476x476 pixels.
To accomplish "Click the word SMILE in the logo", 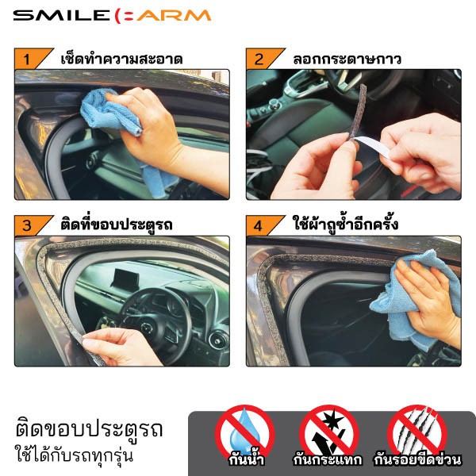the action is coord(61,16).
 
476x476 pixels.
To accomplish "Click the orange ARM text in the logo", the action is coord(174,16).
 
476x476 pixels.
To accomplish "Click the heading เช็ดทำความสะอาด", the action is coord(121,58).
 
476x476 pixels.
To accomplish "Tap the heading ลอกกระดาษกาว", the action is coord(347,59).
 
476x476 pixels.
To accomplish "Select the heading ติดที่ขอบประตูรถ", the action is coord(117,224).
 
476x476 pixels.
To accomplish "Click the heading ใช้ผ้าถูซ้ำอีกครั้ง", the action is coord(345,224).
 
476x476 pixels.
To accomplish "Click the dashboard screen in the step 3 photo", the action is coord(125,278).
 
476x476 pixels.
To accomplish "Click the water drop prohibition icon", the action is coord(244,433).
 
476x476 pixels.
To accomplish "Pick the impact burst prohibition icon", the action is coord(329,433).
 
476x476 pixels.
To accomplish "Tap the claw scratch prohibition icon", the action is coord(417,433).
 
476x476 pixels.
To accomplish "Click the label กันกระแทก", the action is coord(327,459).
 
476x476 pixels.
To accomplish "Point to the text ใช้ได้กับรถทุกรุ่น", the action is coord(74,455).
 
